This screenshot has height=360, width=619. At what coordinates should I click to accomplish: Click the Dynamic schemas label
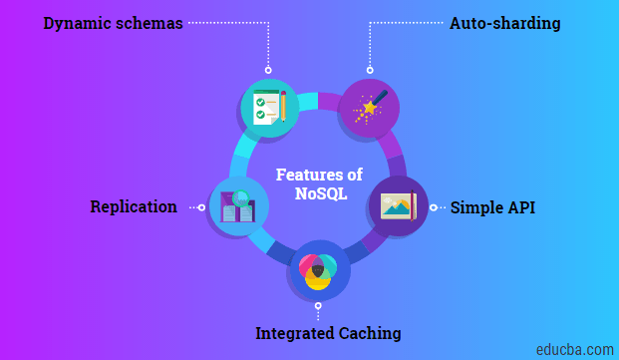113,23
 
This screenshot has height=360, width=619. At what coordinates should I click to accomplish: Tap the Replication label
134,207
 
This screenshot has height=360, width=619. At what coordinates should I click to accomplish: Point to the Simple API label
492,208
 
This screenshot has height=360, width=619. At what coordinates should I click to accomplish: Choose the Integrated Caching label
328,333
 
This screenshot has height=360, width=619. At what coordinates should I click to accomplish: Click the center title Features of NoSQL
320,184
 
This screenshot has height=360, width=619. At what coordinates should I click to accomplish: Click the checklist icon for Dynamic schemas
269,108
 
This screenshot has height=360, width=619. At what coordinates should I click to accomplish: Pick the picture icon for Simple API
399,205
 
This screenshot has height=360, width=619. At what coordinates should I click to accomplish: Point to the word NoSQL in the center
321,194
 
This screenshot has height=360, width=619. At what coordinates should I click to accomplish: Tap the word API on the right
518,208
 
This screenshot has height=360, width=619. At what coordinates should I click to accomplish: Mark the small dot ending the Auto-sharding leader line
370,70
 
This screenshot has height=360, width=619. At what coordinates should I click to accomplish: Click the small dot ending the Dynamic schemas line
268,70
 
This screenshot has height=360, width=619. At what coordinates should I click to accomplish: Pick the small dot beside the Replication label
201,207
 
